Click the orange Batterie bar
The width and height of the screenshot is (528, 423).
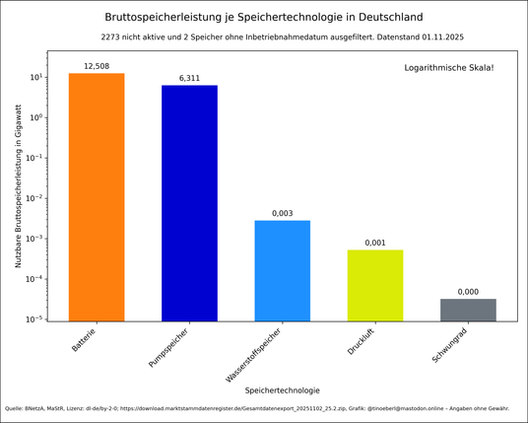97,197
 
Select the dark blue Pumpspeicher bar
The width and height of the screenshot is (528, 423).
189,203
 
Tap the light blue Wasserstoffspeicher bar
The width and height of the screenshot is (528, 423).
282,270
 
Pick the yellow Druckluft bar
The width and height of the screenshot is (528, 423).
374,285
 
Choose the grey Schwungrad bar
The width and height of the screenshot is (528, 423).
468,310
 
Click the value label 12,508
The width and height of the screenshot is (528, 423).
97,66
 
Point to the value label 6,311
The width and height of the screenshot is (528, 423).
189,78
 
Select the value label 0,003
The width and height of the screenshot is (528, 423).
282,213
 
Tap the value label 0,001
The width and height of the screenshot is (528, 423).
374,243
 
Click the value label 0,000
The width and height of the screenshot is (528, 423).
468,292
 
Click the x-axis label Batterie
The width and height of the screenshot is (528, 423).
85,340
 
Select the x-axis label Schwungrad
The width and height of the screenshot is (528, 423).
452,345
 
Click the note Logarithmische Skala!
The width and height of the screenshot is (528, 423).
449,68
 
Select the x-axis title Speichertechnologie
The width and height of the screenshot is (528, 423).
282,389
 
